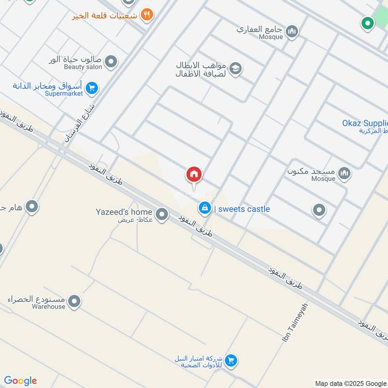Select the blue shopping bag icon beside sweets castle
coord(205,209)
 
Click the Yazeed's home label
coord(124,212)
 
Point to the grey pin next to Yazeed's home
coord(162,213)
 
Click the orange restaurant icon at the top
coord(146,15)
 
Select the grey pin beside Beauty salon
coord(111,62)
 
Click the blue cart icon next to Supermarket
coord(91,88)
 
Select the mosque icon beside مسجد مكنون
coord(344,173)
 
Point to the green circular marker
coord(368,23)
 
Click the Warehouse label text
coord(48,307)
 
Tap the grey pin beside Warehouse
coord(74,302)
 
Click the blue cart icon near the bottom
coord(231,360)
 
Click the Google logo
coord(20,381)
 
